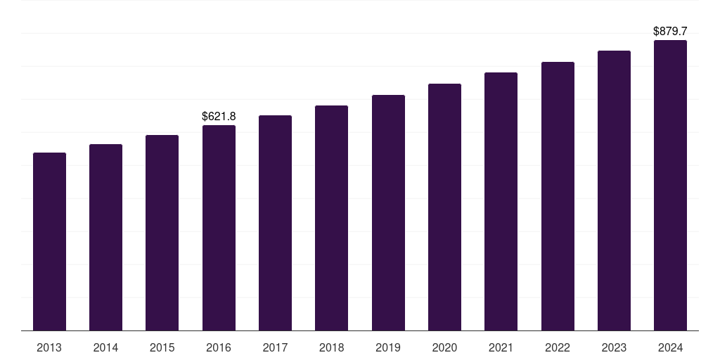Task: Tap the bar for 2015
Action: coord(162,233)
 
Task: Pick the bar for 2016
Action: coord(219,228)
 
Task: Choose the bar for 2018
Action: coord(331,218)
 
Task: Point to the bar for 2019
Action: coord(388,212)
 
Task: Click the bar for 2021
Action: coord(501,201)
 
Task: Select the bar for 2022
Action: coord(558,196)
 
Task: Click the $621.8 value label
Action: coord(219,116)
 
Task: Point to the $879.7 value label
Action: coord(670,31)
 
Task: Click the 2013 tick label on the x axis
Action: coord(49,347)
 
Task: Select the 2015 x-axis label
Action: coord(162,347)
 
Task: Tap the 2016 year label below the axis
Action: coord(219,347)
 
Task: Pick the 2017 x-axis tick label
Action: coord(275,347)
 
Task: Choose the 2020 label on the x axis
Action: coord(444,347)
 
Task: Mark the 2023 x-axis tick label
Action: coord(614,347)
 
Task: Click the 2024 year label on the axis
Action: coord(670,347)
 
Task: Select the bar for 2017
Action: coord(275,223)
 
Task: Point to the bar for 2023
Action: coord(614,191)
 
